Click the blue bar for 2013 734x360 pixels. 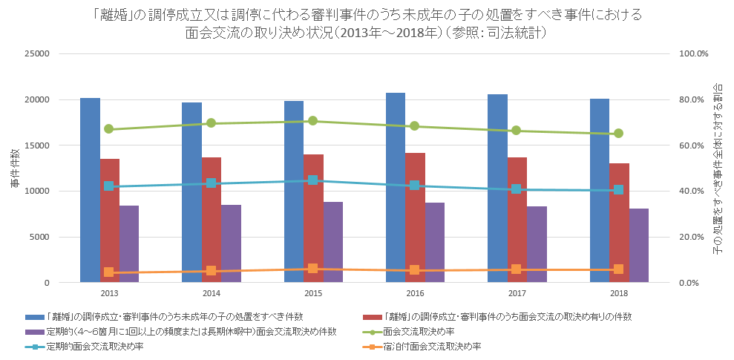(90, 190)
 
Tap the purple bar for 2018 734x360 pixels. (639, 245)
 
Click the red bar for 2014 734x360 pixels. (211, 220)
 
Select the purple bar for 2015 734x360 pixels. (332, 242)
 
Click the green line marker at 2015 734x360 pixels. (313, 121)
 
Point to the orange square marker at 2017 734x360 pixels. (517, 269)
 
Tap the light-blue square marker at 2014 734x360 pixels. (211, 183)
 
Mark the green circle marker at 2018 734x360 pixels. (619, 134)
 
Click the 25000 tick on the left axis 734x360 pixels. (38, 54)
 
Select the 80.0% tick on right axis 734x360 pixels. (695, 100)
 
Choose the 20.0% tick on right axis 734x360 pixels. (695, 238)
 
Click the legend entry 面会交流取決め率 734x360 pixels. (419, 331)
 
